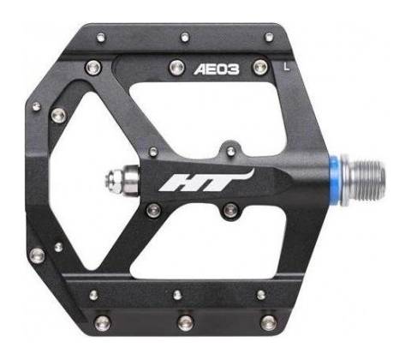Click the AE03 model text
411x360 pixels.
pos(217,69)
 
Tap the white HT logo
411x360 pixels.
pos(206,182)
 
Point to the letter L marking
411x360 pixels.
pos(286,67)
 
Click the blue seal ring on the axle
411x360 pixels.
pos(335,180)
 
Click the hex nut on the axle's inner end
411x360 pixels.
pos(114,179)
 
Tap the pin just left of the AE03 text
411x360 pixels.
pos(176,68)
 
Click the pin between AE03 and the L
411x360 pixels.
pos(260,67)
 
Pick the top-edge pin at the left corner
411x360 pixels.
pos(101,38)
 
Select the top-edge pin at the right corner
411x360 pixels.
pos(269,37)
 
